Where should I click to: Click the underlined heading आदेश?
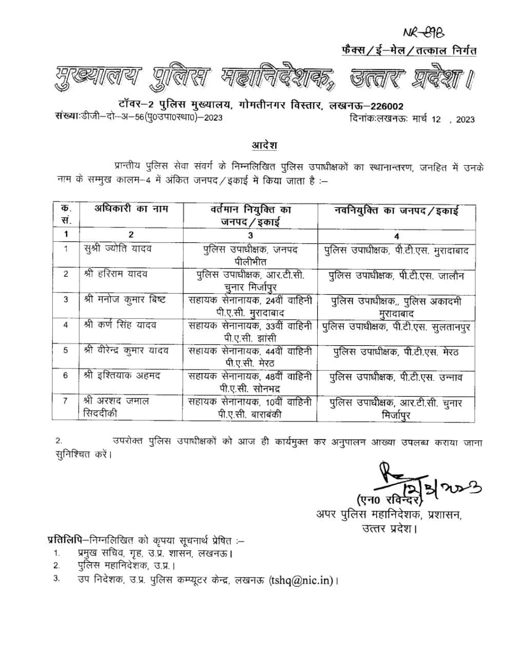point(264,145)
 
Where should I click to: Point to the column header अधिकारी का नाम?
point(131,209)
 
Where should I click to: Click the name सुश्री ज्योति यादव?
point(118,249)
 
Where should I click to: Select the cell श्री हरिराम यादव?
point(115,274)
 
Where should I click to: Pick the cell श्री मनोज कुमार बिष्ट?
point(125,299)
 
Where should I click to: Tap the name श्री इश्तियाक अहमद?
point(122,376)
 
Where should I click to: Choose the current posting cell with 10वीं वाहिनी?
point(250,408)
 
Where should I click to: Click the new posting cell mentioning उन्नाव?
point(396,378)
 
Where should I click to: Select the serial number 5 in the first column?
point(66,350)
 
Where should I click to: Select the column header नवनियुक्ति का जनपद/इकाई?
point(396,210)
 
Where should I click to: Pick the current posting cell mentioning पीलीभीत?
point(250,255)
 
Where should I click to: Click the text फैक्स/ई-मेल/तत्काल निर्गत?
point(409,50)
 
